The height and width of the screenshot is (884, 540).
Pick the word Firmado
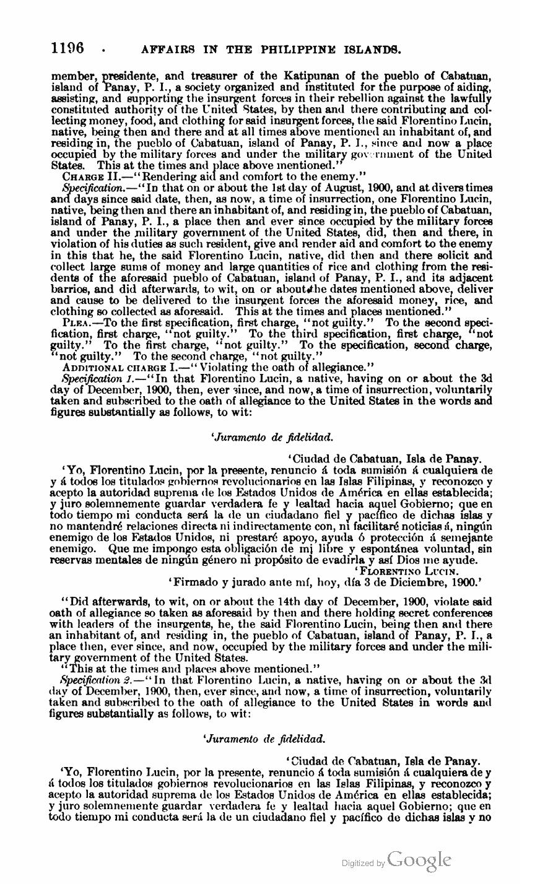coord(198,582)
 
